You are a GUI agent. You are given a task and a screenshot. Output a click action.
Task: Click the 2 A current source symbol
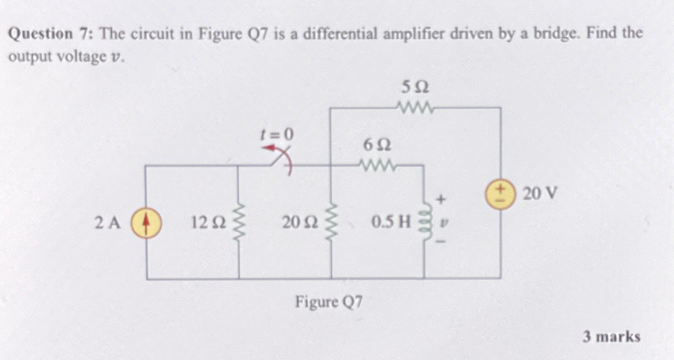tap(146, 223)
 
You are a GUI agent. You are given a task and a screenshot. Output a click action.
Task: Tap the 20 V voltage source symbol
tap(501, 194)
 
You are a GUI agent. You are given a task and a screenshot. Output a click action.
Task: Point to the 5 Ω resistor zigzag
tap(415, 107)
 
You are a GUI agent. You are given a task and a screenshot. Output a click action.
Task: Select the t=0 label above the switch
tap(277, 134)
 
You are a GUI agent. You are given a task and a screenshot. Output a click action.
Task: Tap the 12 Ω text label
tap(208, 223)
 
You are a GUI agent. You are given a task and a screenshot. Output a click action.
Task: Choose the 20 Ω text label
tap(300, 223)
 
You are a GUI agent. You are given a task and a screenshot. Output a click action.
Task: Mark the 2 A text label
tap(107, 223)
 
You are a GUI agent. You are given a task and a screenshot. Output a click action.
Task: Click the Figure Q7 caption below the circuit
tap(330, 301)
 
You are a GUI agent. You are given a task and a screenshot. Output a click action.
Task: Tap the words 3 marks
tap(611, 337)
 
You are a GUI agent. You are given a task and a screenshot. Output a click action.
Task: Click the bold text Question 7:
tap(50, 35)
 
